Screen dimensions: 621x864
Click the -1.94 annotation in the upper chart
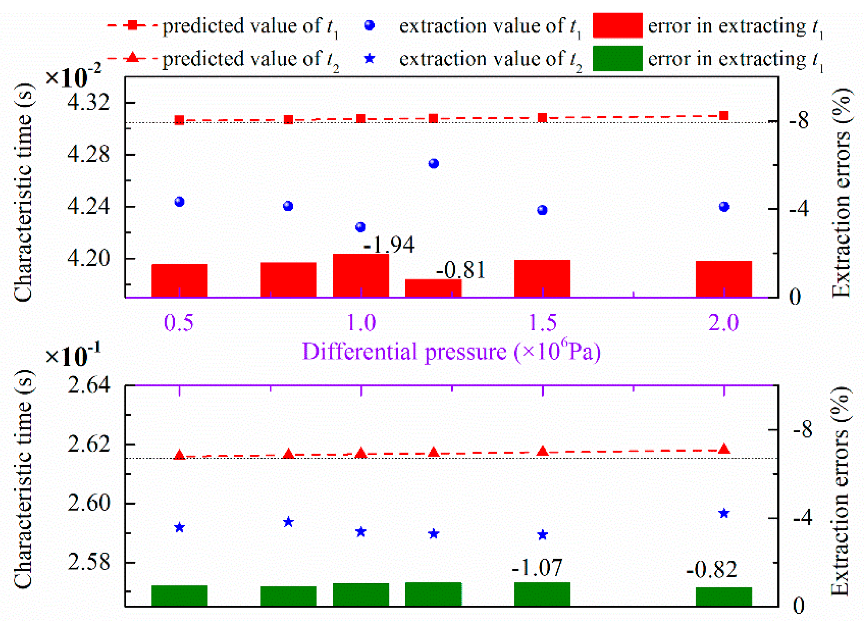point(388,245)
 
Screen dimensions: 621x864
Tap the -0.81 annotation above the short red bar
point(461,271)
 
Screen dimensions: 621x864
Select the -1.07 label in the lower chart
point(537,568)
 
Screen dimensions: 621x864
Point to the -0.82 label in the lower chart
point(711,570)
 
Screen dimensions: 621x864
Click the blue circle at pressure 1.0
point(360,228)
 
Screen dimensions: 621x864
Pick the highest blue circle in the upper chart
point(434,164)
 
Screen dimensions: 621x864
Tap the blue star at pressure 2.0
point(724,513)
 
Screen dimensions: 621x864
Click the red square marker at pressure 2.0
point(724,116)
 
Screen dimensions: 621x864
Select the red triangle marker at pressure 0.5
point(179,455)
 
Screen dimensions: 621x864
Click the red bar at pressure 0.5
point(179,280)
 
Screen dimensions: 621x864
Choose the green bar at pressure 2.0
point(724,597)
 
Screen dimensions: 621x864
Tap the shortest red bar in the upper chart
point(434,288)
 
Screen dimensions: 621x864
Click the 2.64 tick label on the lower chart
point(89,386)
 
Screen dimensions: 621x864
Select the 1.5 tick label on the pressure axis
point(542,323)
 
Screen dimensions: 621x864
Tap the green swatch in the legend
point(617,59)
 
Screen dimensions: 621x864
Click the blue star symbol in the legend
point(369,59)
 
